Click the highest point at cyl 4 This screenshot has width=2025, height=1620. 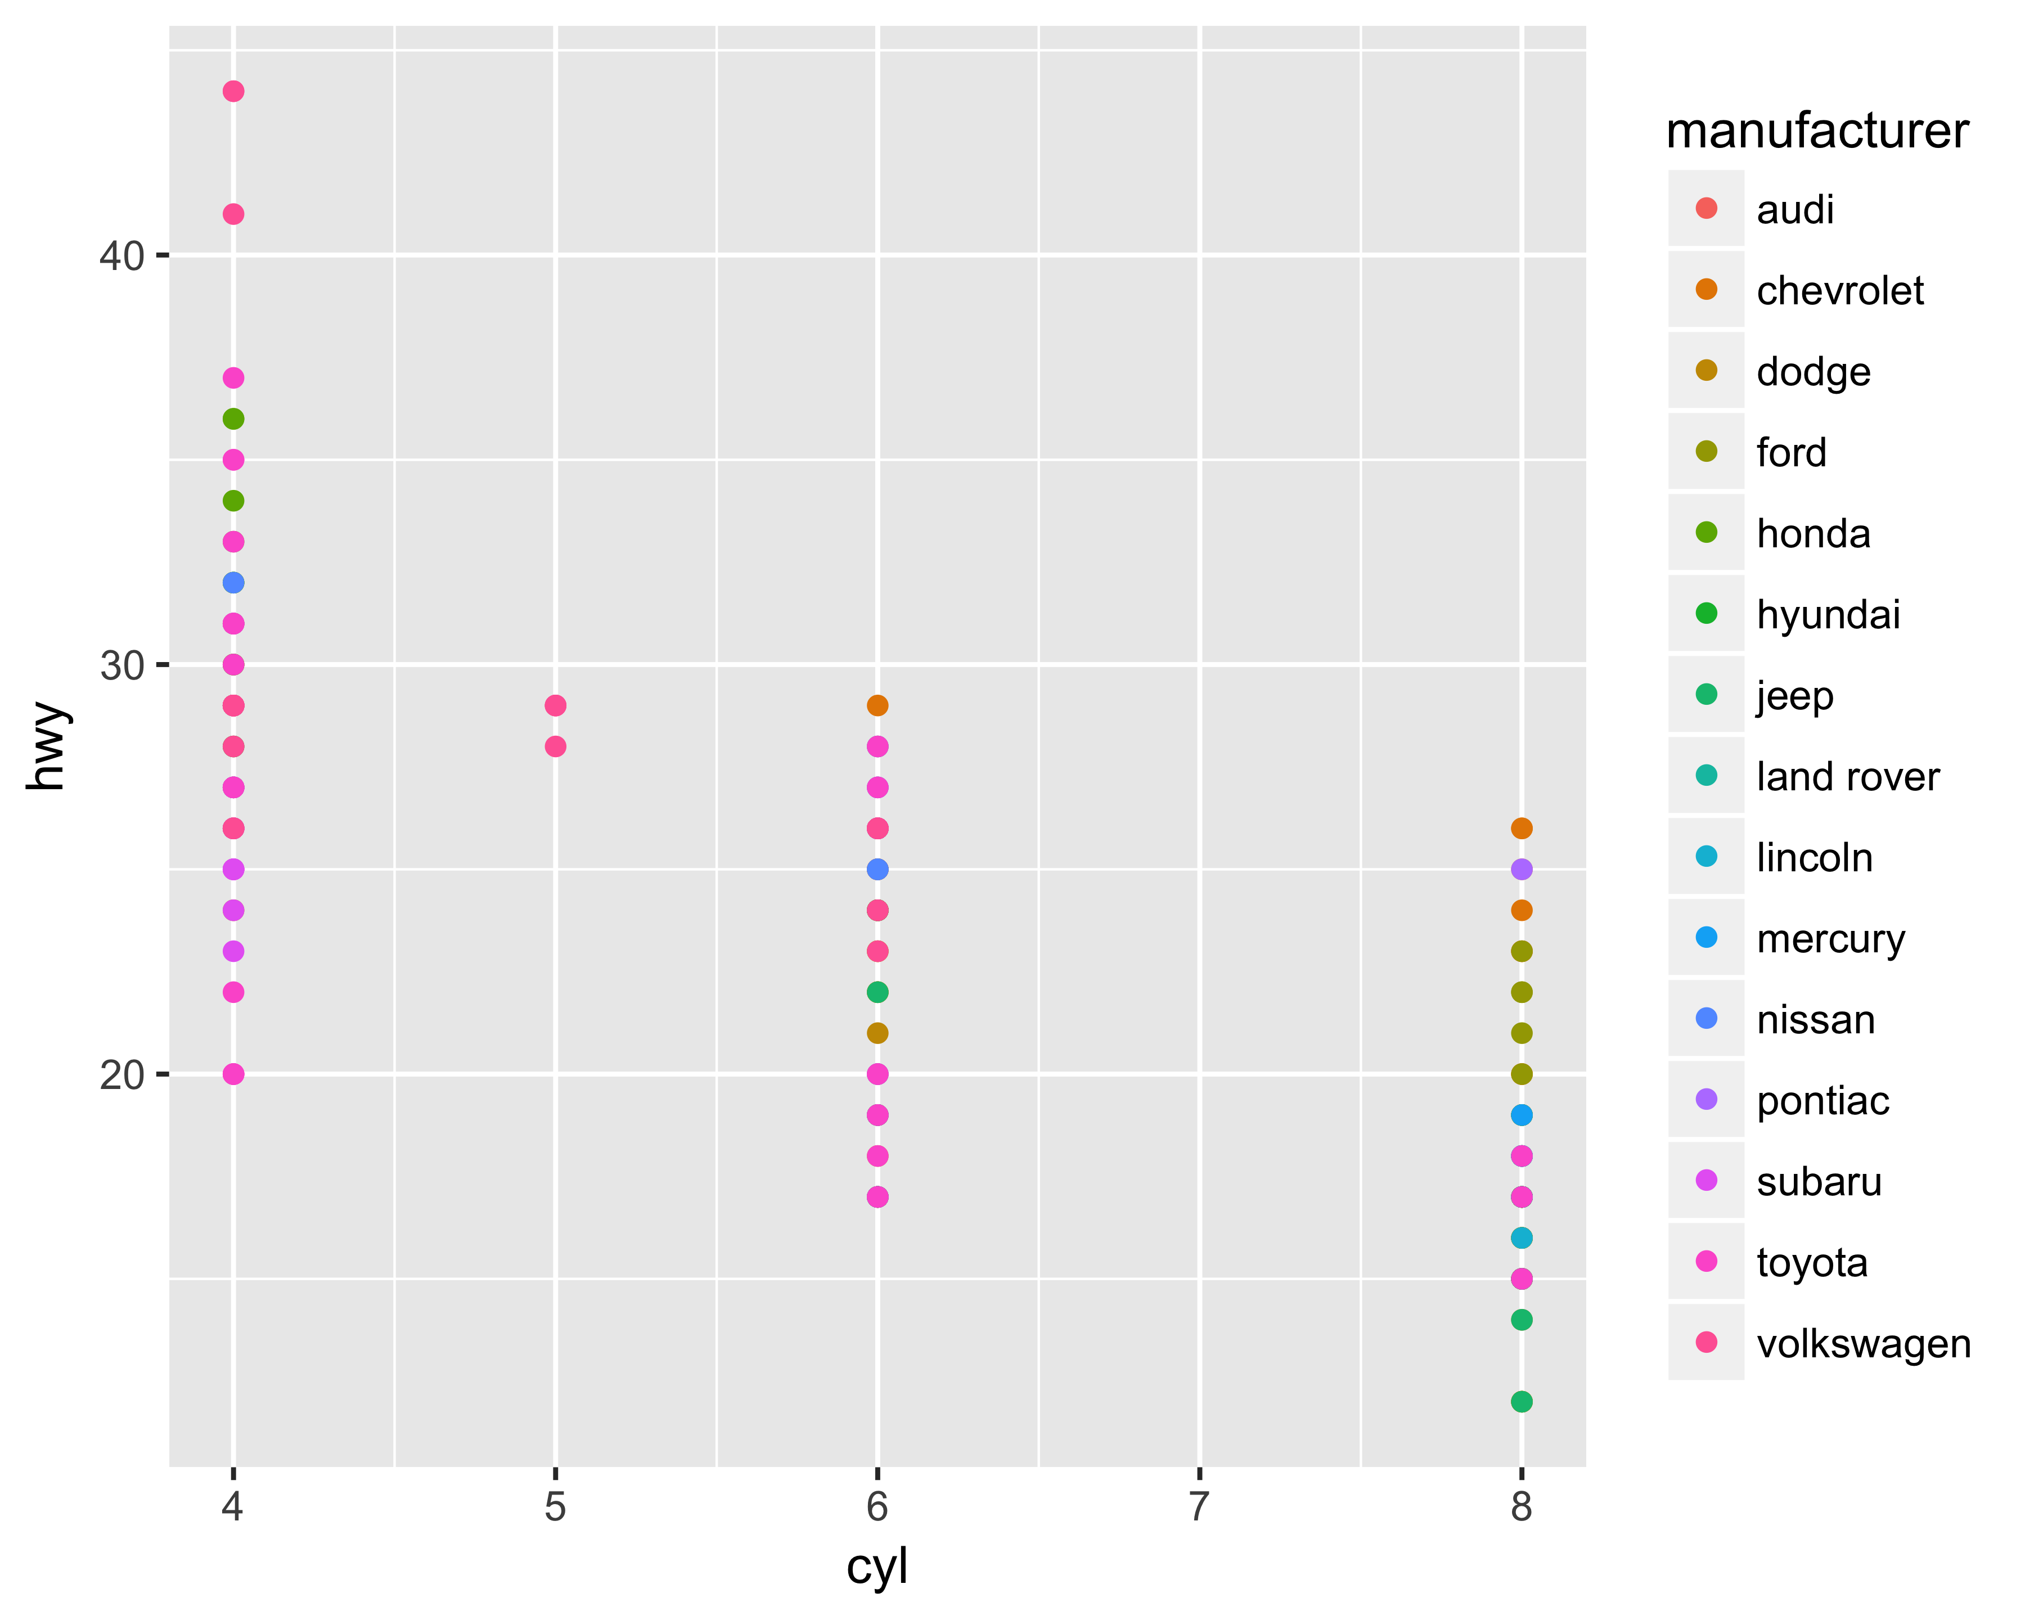pyautogui.click(x=233, y=91)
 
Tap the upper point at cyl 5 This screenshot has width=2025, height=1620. pyautogui.click(x=555, y=705)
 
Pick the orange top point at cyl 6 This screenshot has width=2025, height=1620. pyautogui.click(x=877, y=705)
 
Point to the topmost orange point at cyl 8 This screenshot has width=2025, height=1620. pyautogui.click(x=1522, y=829)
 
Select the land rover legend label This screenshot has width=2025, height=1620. pyautogui.click(x=1847, y=777)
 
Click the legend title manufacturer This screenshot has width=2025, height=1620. pyautogui.click(x=1816, y=132)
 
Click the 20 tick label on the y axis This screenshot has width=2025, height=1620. pyautogui.click(x=122, y=1074)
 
